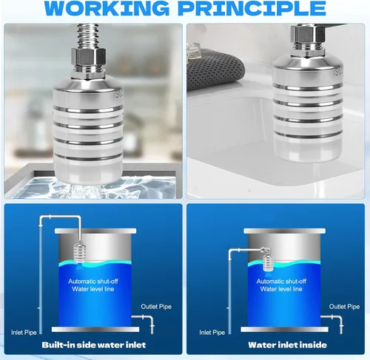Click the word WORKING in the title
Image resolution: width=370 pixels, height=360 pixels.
[x=107, y=8]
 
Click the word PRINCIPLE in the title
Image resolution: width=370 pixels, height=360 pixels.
[x=252, y=8]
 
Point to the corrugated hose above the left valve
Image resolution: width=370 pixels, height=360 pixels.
[x=86, y=36]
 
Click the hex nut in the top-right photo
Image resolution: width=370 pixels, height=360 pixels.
[x=307, y=34]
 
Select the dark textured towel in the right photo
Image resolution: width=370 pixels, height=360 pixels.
[x=214, y=69]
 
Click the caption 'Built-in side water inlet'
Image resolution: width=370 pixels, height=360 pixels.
[x=94, y=344]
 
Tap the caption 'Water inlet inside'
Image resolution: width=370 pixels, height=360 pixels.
[x=288, y=344]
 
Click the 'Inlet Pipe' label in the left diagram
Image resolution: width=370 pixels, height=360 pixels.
[x=24, y=333]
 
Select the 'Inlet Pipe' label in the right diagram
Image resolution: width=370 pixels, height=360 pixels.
[x=212, y=333]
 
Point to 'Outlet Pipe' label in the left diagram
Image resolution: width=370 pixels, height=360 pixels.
[x=156, y=307]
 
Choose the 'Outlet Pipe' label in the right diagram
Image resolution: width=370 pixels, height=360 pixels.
[x=344, y=307]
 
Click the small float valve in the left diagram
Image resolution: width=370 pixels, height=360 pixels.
[x=81, y=251]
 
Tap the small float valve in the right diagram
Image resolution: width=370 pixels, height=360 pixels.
[x=269, y=259]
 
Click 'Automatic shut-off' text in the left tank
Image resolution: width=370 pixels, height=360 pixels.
[x=93, y=281]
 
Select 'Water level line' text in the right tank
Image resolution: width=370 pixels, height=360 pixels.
[x=281, y=289]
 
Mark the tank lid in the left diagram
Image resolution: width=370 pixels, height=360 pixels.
[x=95, y=231]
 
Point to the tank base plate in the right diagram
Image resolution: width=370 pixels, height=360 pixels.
[x=284, y=330]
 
